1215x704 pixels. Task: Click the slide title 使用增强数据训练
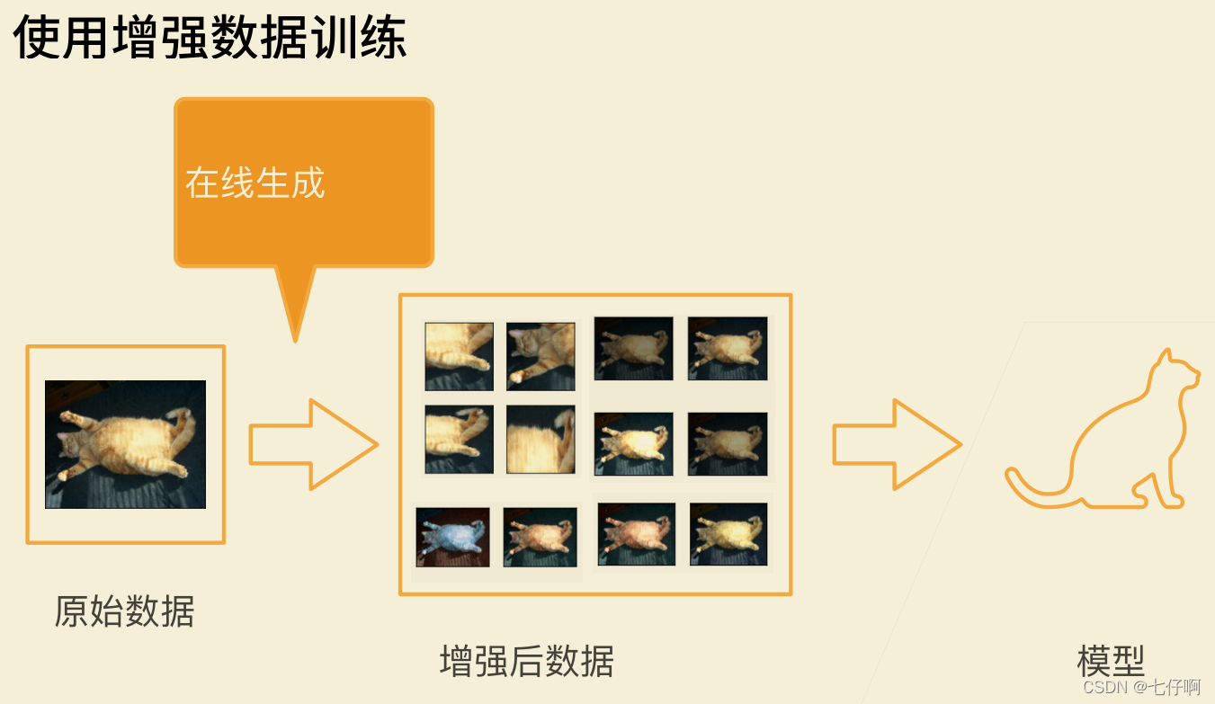pos(210,37)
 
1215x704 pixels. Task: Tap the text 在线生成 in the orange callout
pos(255,183)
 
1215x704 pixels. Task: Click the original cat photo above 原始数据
pos(125,444)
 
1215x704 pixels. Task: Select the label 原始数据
pos(125,611)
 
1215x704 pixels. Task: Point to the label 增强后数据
pos(527,661)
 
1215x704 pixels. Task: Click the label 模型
pos(1111,661)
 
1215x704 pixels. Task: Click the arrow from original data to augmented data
pos(314,445)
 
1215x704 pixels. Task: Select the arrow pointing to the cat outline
pos(898,445)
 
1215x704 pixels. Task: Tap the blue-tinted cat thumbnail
pos(453,537)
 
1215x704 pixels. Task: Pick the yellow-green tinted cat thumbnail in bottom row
pos(728,534)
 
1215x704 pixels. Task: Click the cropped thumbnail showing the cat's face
pos(540,356)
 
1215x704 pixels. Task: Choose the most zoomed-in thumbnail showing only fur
pos(540,440)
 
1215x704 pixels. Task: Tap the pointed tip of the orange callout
pos(295,342)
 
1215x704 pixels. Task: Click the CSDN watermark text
pos(1141,687)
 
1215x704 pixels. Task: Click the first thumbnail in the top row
pos(460,356)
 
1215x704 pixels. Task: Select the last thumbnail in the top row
pos(728,348)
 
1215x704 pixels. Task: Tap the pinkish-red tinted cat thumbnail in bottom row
pos(637,534)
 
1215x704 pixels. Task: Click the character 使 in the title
pos(36,37)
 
